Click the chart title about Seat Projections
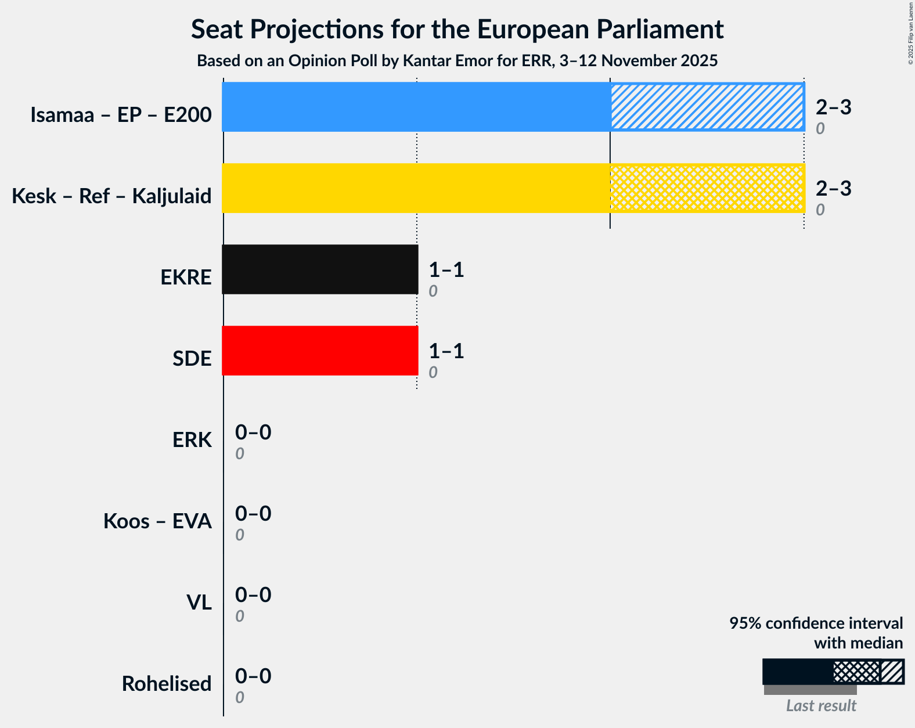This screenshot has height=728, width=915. (457, 30)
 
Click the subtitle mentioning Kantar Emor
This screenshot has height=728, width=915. (457, 60)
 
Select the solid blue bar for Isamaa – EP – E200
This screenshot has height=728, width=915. (416, 107)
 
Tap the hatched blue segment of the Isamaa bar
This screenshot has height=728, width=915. (707, 107)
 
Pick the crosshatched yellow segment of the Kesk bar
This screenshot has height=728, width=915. (707, 188)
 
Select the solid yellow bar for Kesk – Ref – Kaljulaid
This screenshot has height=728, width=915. (416, 188)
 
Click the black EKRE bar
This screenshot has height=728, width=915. (320, 269)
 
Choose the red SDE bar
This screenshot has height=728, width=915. (320, 351)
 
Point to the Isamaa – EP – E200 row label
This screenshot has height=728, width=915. (121, 115)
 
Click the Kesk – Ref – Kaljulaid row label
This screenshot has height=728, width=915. (111, 196)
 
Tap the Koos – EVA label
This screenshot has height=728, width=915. (157, 521)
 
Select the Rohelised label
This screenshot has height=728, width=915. (167, 684)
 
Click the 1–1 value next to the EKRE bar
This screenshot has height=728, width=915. (446, 270)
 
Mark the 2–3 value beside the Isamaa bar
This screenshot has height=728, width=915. (833, 107)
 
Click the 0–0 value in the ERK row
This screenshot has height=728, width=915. (253, 433)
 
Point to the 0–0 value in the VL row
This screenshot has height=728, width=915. (253, 595)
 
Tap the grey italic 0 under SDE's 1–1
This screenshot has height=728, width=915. (433, 373)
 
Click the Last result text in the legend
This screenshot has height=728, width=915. (821, 706)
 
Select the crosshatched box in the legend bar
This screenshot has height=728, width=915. (856, 672)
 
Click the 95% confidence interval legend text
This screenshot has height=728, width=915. (816, 624)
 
